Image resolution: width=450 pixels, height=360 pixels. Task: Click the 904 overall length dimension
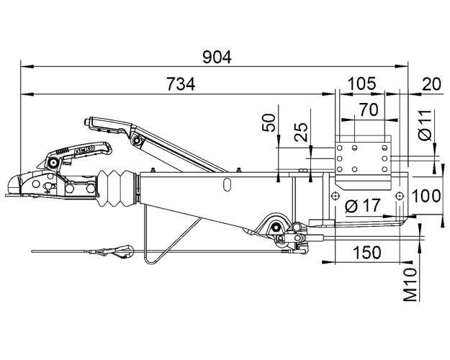pyautogui.click(x=217, y=57)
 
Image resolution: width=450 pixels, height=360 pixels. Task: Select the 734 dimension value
pyautogui.click(x=181, y=84)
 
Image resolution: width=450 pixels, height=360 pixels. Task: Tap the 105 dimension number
pyautogui.click(x=361, y=84)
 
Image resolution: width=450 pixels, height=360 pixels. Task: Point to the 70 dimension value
pyautogui.click(x=369, y=109)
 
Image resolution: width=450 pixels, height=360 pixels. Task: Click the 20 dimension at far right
pyautogui.click(x=431, y=84)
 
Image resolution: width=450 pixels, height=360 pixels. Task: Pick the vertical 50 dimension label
pyautogui.click(x=269, y=122)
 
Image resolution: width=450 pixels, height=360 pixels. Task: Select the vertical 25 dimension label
pyautogui.click(x=301, y=132)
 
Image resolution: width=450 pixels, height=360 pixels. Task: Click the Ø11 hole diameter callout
pyautogui.click(x=425, y=125)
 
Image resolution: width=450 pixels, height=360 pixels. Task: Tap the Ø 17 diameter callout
pyautogui.click(x=363, y=205)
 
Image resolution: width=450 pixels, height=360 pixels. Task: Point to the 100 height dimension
pyautogui.click(x=426, y=196)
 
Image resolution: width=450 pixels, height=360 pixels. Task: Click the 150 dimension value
pyautogui.click(x=367, y=252)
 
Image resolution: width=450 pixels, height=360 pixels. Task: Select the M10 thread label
pyautogui.click(x=410, y=284)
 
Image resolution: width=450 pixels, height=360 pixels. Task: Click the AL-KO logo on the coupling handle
pyautogui.click(x=85, y=150)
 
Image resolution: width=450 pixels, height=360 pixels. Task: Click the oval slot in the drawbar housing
pyautogui.click(x=228, y=184)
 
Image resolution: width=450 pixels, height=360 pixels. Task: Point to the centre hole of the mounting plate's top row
pyautogui.click(x=355, y=148)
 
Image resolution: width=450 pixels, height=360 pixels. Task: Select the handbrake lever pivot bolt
pyautogui.click(x=137, y=140)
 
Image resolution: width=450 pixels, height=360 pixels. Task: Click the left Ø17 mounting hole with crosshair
pyautogui.click(x=335, y=196)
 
